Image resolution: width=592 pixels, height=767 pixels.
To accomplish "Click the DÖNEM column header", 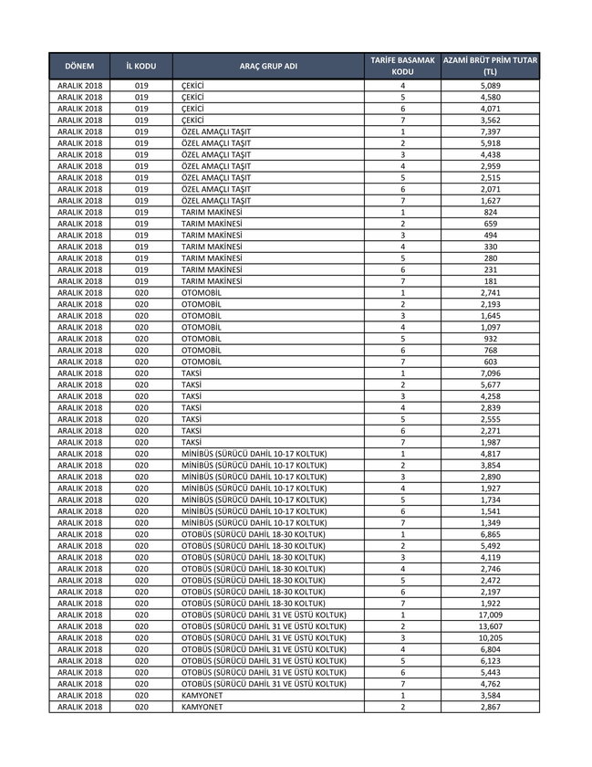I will (x=80, y=67).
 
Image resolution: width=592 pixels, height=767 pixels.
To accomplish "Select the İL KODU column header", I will (x=141, y=67).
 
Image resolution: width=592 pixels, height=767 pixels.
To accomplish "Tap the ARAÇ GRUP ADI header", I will (x=268, y=67).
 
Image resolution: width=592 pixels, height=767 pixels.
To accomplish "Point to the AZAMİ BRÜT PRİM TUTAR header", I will (x=490, y=66).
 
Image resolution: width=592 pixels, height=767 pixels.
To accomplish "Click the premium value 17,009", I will (x=490, y=615).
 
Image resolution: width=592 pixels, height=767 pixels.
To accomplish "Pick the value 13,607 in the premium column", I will (x=490, y=625).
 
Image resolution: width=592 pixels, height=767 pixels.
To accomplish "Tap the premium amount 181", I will (x=490, y=281).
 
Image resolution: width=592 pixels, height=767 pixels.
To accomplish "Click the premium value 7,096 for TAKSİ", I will (x=490, y=373).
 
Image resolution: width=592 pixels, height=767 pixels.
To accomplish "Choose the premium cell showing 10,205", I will (x=490, y=637).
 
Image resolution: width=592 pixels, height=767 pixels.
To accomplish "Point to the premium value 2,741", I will (x=490, y=293).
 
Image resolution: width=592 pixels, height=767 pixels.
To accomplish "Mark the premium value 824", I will (x=490, y=213).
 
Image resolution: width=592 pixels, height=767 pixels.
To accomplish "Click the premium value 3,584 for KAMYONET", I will (x=490, y=695).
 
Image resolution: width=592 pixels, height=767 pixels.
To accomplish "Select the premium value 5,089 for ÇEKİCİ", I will (x=490, y=86).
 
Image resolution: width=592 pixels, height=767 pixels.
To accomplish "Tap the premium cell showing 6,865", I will (x=490, y=534).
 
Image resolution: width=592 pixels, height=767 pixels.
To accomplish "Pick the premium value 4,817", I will (x=490, y=454).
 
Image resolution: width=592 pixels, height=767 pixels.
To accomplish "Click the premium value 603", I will (x=490, y=362).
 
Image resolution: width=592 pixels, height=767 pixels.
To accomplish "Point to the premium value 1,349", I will (x=490, y=522).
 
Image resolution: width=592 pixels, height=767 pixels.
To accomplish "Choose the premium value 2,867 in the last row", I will (x=490, y=706).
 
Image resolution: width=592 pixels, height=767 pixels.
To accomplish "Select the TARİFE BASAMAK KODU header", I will (x=402, y=66).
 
